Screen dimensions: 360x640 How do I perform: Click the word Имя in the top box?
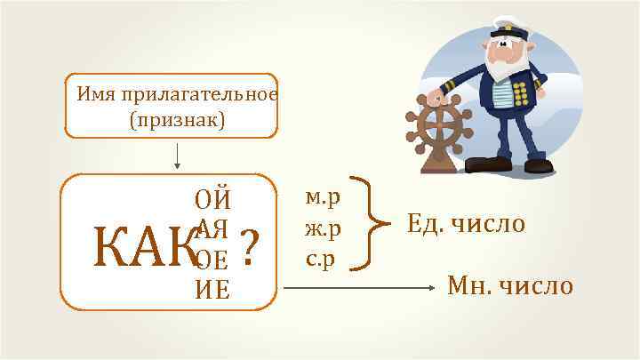point(93,93)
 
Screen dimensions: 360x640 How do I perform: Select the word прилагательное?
point(196,93)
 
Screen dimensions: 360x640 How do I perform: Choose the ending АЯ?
point(213,228)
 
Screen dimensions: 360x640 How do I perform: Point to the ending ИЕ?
point(213,289)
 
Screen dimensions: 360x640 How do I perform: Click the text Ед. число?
point(466,224)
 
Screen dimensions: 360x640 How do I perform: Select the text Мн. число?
point(510,286)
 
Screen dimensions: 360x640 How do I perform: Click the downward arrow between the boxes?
point(179,155)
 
